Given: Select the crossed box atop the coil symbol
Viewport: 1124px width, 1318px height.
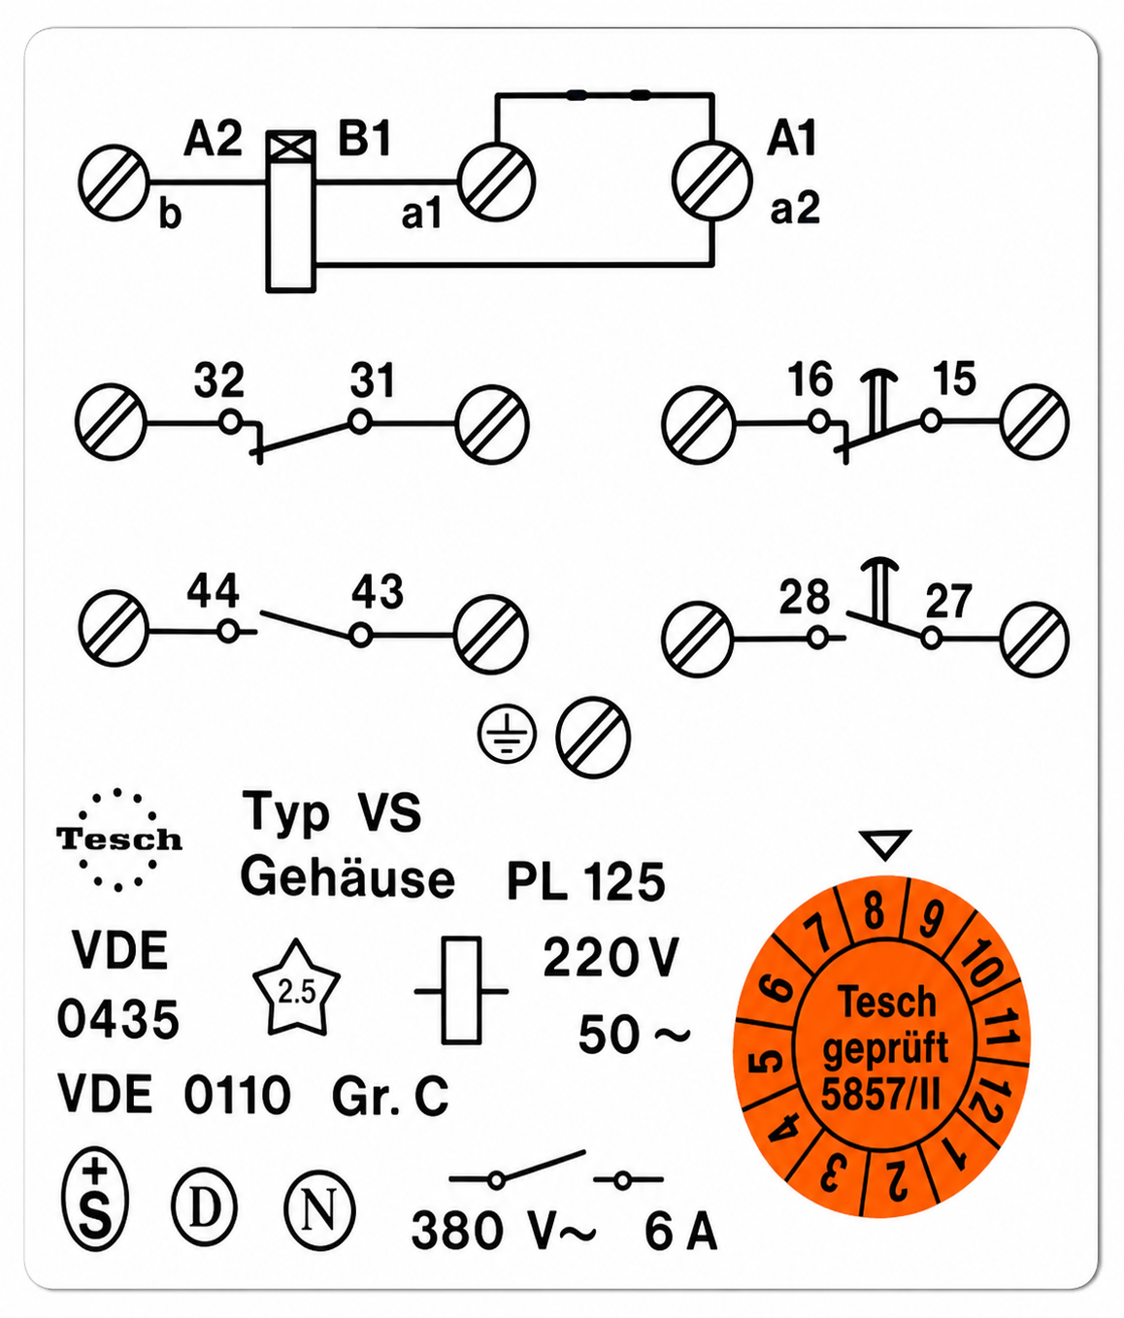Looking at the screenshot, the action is coord(291,148).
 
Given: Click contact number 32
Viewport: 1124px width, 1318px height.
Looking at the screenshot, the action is coord(218,380).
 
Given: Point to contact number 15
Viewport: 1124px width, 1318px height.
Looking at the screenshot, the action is coord(954,379).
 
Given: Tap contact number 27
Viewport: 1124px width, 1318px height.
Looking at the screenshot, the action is coord(948,602).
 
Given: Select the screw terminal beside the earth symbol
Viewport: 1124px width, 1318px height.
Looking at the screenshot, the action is coord(593,737).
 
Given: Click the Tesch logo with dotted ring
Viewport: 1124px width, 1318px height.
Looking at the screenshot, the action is coord(119,840).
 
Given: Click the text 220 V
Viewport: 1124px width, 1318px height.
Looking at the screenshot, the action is coord(611,957).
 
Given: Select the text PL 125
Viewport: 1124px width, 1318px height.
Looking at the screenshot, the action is coord(586,882).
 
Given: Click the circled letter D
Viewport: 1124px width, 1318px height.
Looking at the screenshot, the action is coord(204,1207).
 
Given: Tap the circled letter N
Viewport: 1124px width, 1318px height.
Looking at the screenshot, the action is coord(318,1210).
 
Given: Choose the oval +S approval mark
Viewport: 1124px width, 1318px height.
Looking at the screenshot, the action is coord(95,1200).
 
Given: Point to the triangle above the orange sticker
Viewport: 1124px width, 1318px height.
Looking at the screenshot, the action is coord(885,843).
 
